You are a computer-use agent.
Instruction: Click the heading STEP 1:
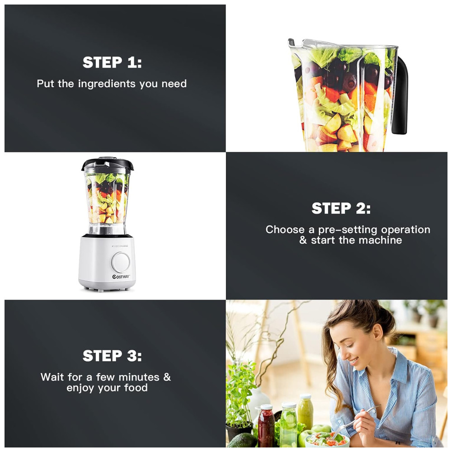112,62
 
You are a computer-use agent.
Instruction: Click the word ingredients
107,84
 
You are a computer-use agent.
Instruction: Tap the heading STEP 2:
341,208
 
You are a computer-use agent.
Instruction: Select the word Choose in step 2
285,230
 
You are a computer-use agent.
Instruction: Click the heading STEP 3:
112,356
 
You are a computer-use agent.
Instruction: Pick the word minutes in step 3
139,377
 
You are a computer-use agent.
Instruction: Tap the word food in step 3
136,388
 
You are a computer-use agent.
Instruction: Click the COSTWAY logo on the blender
121,277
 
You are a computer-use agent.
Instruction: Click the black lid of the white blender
107,163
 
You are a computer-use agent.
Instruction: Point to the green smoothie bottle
306,412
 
